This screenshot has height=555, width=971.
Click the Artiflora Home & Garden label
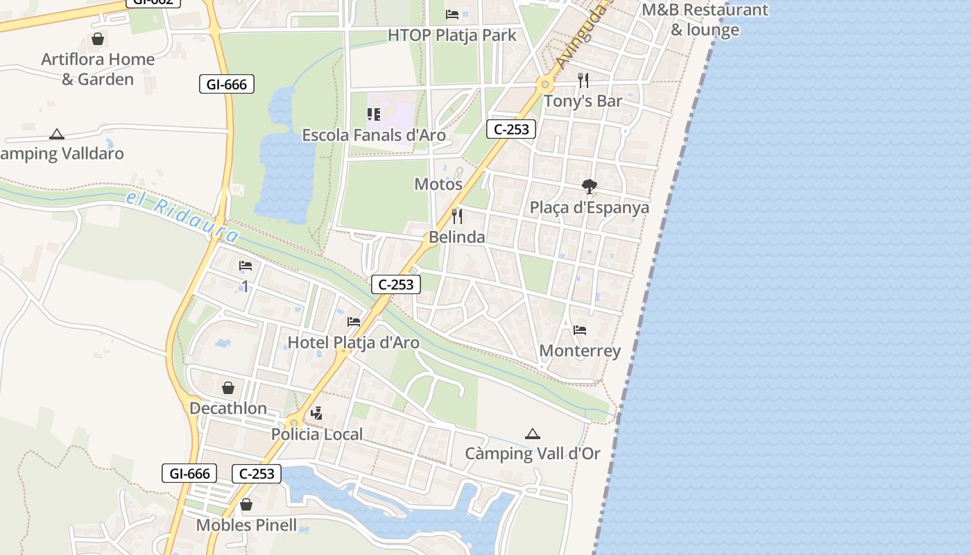[98, 69]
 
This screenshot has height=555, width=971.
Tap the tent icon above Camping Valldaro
[57, 134]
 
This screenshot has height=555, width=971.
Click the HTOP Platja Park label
[452, 35]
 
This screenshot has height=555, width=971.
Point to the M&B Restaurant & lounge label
[705, 20]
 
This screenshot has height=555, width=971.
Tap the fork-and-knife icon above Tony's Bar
[583, 80]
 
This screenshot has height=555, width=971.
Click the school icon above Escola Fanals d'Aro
[374, 114]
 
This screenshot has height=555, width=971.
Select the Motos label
[438, 184]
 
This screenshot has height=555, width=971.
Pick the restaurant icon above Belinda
[456, 216]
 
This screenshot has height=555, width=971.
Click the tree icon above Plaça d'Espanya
[590, 186]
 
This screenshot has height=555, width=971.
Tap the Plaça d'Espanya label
[590, 207]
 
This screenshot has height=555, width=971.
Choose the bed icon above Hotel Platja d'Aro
[354, 322]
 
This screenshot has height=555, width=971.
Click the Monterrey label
[580, 350]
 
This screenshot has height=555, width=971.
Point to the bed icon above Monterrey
[580, 330]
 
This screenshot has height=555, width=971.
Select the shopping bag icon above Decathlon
[228, 388]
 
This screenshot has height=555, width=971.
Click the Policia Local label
[317, 434]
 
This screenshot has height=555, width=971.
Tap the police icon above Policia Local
[317, 414]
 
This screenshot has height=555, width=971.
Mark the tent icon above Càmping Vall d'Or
[533, 434]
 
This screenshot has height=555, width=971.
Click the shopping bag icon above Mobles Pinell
[246, 505]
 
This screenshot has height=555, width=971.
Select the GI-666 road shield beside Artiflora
[226, 85]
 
